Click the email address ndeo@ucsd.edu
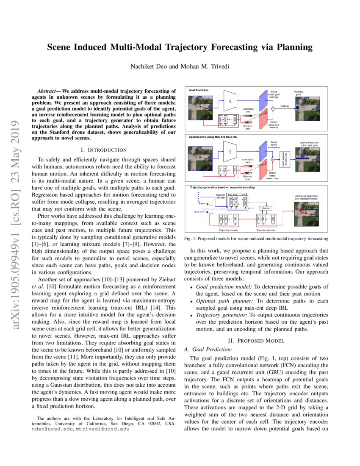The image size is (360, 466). (x=55, y=429)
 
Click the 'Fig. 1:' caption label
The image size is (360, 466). (x=190, y=239)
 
